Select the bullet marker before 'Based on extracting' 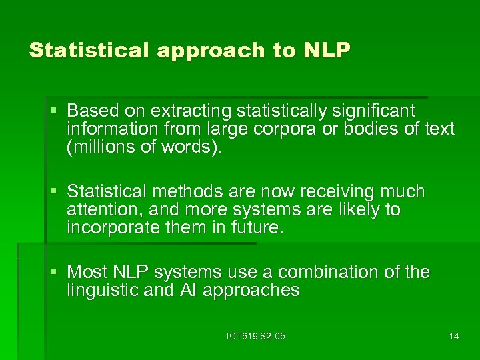pos(56,110)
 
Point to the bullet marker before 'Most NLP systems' pos(56,273)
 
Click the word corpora pos(289,128)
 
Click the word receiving pos(337,192)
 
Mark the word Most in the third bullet pos(87,273)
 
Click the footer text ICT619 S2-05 pos(256,336)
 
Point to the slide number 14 pos(453,336)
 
